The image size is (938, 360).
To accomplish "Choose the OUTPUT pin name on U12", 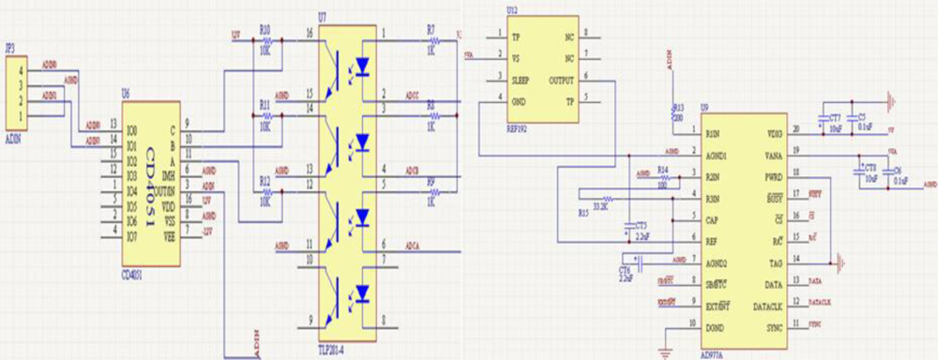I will coord(561,80).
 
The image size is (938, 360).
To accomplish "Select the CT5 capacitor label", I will coord(641,225).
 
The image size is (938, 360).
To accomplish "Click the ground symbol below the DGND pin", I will coord(667,352).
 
